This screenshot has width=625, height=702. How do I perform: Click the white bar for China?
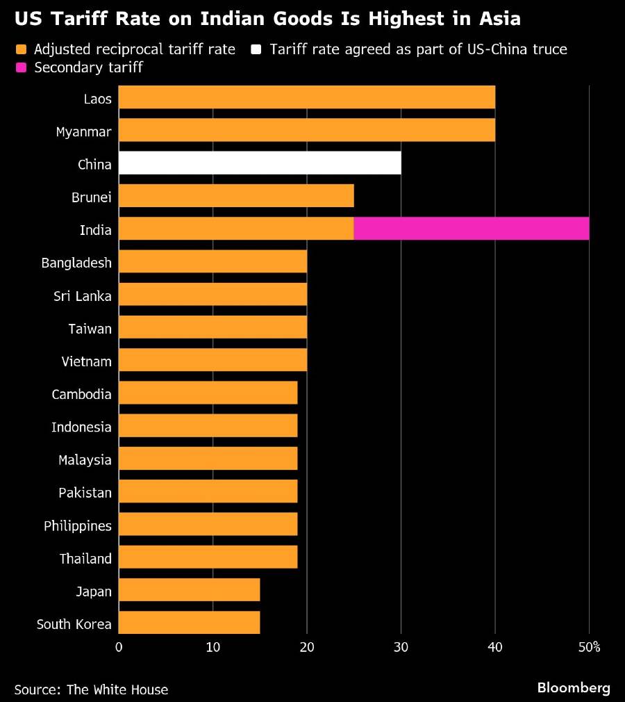260,163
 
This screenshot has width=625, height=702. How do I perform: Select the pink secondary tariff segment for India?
471,229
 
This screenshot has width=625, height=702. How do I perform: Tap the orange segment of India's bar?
236,229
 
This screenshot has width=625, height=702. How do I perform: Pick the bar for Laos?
306,97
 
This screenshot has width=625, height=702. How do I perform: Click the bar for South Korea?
189,623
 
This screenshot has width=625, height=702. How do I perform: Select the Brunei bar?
236,196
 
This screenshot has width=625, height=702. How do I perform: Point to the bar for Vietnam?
212,361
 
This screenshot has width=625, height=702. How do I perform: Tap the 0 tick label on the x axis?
119,648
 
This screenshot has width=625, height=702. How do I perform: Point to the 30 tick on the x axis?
401,648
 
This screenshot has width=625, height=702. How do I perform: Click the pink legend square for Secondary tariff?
20,67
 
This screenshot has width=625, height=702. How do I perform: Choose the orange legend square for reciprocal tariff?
20,49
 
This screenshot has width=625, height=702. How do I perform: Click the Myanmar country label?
83,131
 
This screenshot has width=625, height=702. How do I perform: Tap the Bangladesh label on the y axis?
76,262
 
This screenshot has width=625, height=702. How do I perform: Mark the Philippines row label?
77,525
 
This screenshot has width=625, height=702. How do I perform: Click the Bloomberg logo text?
574,688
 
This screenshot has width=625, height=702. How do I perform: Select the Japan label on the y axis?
94,591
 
